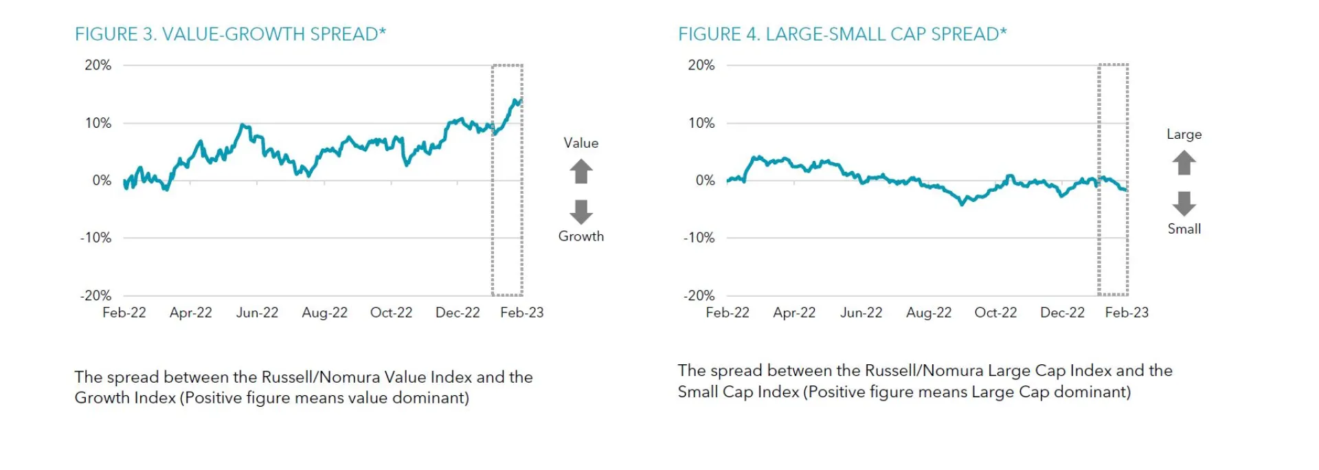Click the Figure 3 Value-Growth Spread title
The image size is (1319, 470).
[x=230, y=34]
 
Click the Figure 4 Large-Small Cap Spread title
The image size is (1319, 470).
[x=842, y=34]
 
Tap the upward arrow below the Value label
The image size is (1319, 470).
[x=581, y=171]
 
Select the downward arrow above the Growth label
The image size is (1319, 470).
[x=581, y=212]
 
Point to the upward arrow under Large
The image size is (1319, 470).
[x=1184, y=163]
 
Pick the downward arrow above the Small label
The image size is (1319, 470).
[x=1184, y=203]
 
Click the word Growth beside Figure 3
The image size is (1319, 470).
[x=581, y=236]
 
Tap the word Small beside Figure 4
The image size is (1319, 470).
[x=1184, y=229]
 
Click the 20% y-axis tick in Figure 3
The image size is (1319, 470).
[x=98, y=65]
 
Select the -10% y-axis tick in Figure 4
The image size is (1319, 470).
[x=699, y=238]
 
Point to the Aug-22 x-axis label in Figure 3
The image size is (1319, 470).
[x=324, y=313]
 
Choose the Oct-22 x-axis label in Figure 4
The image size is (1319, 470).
[x=995, y=313]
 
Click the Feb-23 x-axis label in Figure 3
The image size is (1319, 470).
[x=521, y=313]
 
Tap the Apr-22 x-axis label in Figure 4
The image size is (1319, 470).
[x=794, y=313]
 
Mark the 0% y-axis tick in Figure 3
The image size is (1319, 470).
[x=102, y=181]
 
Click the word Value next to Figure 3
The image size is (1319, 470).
[x=581, y=143]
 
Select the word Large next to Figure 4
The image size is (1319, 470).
[x=1184, y=135]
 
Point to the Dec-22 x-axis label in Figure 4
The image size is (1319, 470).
[x=1062, y=313]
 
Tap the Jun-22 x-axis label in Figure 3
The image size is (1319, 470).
[x=257, y=313]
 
